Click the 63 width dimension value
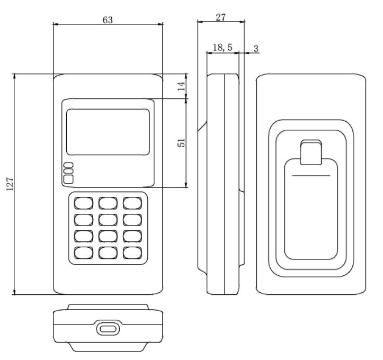pyautogui.click(x=108, y=20)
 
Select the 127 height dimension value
pyautogui.click(x=10, y=184)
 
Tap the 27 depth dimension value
pyautogui.click(x=220, y=17)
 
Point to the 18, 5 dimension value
pyautogui.click(x=222, y=47)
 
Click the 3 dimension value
pyautogui.click(x=256, y=49)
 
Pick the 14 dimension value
pyautogui.click(x=181, y=86)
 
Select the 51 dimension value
pyautogui.click(x=181, y=142)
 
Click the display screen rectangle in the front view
pyautogui.click(x=108, y=132)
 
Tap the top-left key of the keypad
pyautogui.click(x=84, y=203)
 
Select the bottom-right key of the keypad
pyautogui.click(x=132, y=253)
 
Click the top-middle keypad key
pyautogui.click(x=108, y=203)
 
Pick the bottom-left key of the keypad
pyautogui.click(x=84, y=253)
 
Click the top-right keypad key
pyautogui.click(x=132, y=203)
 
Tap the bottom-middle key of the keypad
pyautogui.click(x=108, y=253)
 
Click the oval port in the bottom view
pyautogui.click(x=108, y=329)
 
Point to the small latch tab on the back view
pyautogui.click(x=311, y=152)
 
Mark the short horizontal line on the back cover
pyautogui.click(x=311, y=175)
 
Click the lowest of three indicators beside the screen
pyautogui.click(x=68, y=179)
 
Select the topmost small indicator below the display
pyautogui.click(x=68, y=165)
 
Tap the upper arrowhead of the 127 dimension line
pyautogui.click(x=14, y=76)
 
